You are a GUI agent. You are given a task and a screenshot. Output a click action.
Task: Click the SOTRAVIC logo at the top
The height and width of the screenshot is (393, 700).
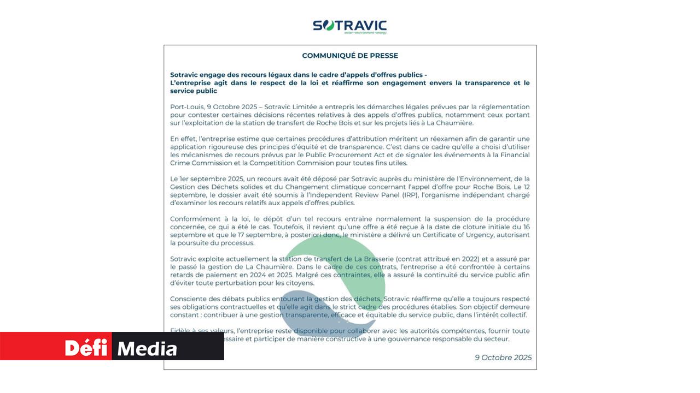(x=349, y=25)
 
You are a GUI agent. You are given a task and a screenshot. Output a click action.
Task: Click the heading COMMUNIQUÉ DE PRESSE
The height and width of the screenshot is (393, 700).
(x=350, y=56)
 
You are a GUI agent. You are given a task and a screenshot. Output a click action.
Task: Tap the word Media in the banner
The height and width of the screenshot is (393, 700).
(x=147, y=348)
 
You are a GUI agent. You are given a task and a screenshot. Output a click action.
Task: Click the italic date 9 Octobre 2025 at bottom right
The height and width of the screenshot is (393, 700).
(x=503, y=358)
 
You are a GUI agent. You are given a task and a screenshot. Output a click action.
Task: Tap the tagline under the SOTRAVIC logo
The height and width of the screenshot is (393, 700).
(x=365, y=33)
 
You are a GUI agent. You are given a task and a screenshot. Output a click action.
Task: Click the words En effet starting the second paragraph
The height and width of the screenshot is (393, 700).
(x=181, y=139)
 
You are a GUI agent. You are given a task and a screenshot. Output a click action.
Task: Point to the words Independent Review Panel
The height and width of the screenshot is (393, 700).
(x=285, y=195)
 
